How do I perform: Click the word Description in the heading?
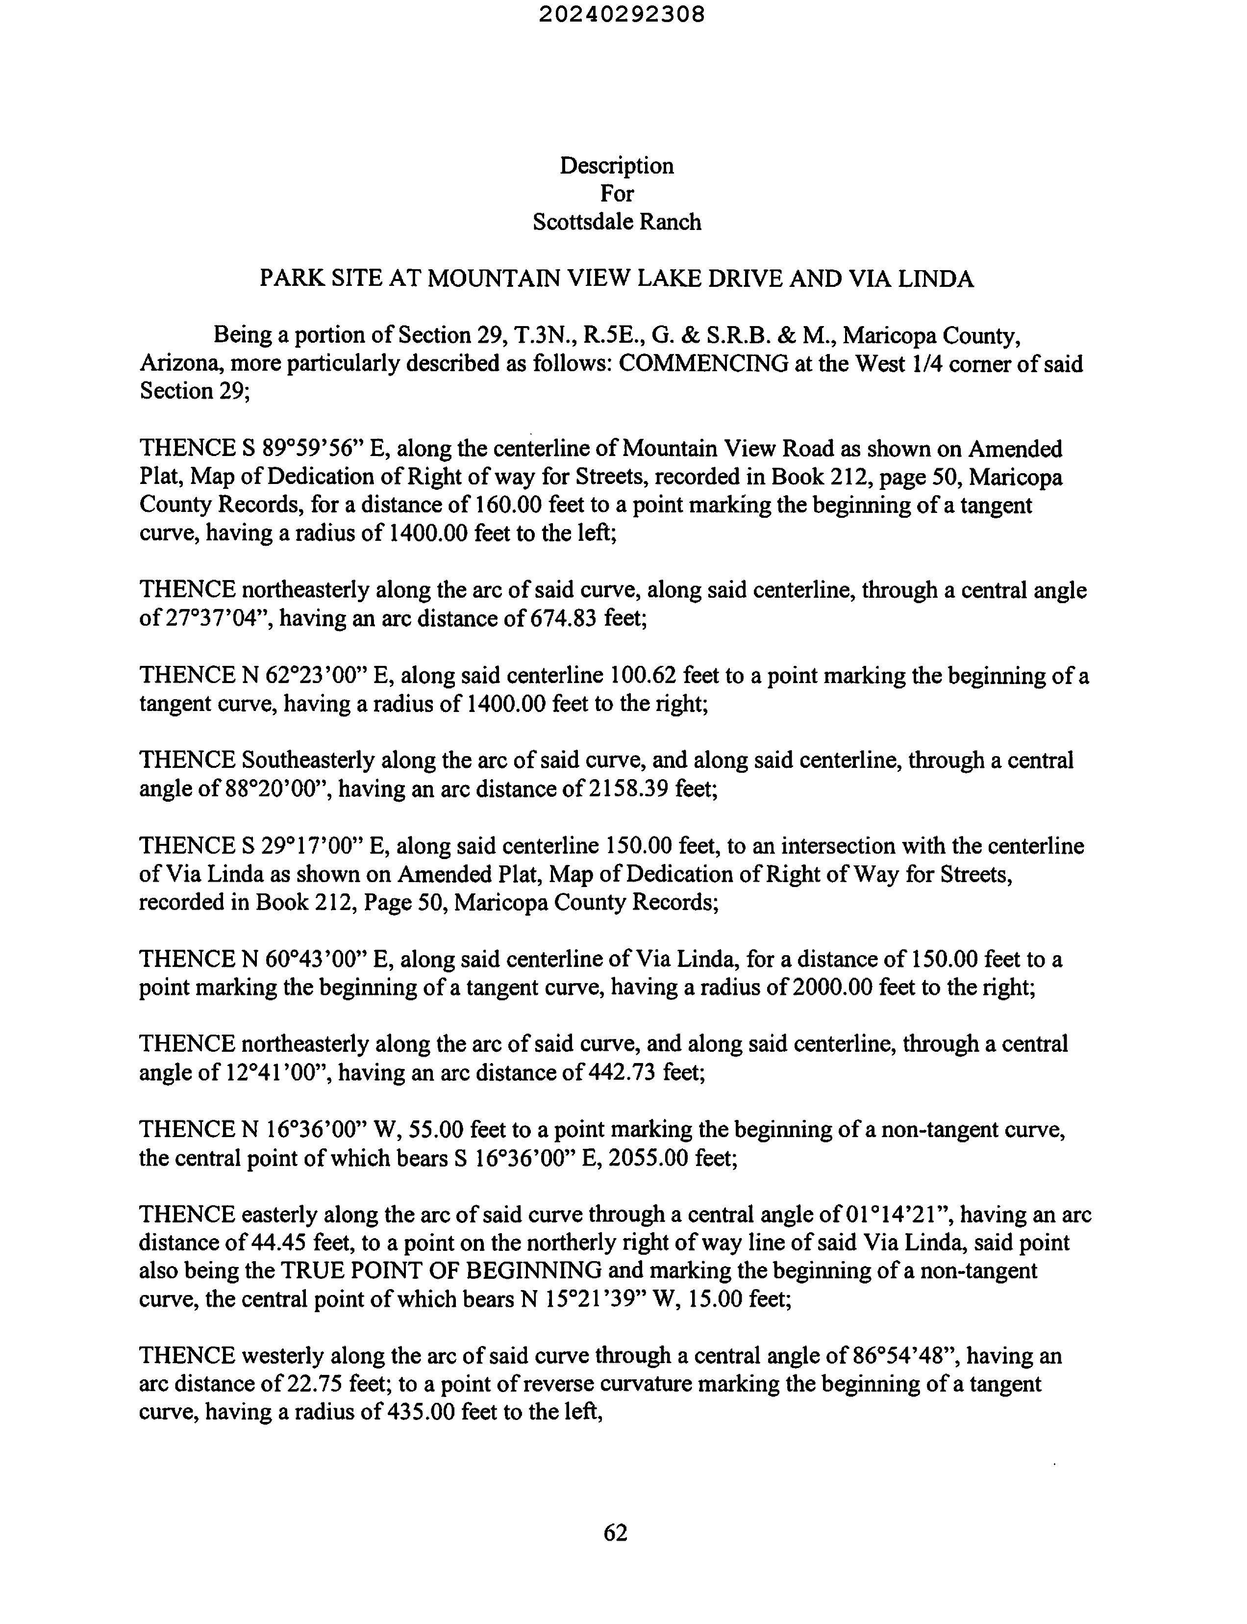click(x=616, y=166)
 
